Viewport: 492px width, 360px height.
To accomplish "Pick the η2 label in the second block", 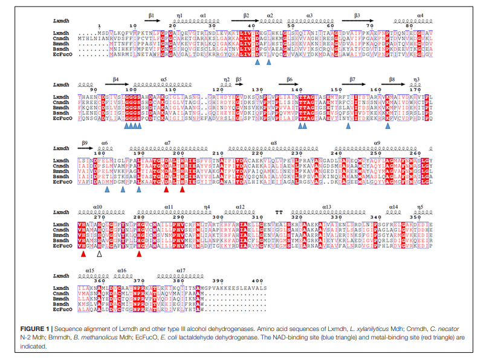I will click(x=227, y=79).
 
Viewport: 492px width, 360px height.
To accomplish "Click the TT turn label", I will click(x=279, y=211).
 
